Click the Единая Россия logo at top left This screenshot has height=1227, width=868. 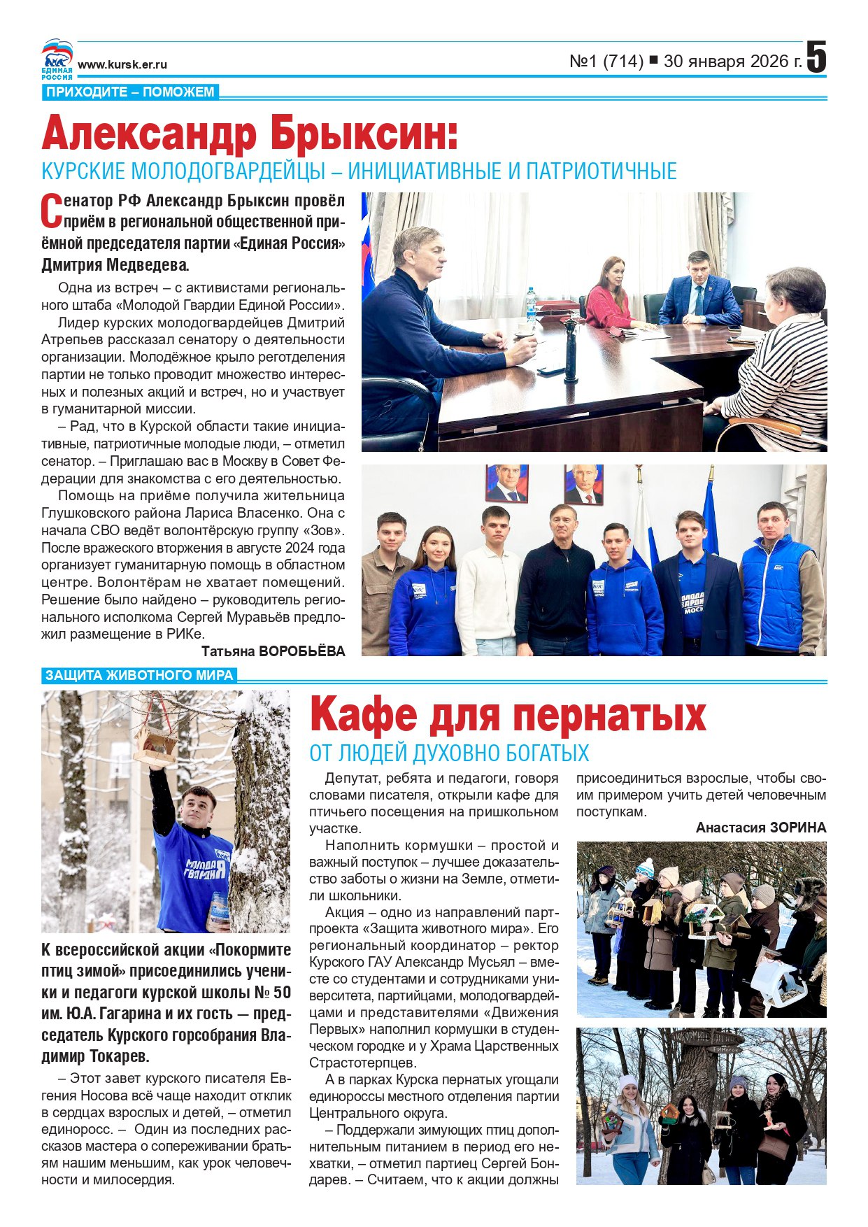[57, 59]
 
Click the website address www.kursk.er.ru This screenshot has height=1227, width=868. [122, 64]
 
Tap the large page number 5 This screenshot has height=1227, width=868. [816, 57]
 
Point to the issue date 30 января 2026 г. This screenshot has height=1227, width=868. [732, 62]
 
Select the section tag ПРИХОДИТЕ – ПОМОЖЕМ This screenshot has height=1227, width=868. [130, 92]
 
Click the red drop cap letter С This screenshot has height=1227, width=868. [51, 211]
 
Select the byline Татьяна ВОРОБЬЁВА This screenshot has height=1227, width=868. [273, 651]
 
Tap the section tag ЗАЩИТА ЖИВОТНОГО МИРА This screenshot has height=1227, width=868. [139, 675]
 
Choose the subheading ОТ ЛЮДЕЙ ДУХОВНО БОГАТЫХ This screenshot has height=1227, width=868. [449, 753]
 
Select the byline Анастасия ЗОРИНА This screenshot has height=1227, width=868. [761, 828]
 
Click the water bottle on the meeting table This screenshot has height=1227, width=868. [531, 305]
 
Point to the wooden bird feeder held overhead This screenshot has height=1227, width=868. [156, 744]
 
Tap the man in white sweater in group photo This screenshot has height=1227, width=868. [488, 584]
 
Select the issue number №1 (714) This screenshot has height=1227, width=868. [606, 62]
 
